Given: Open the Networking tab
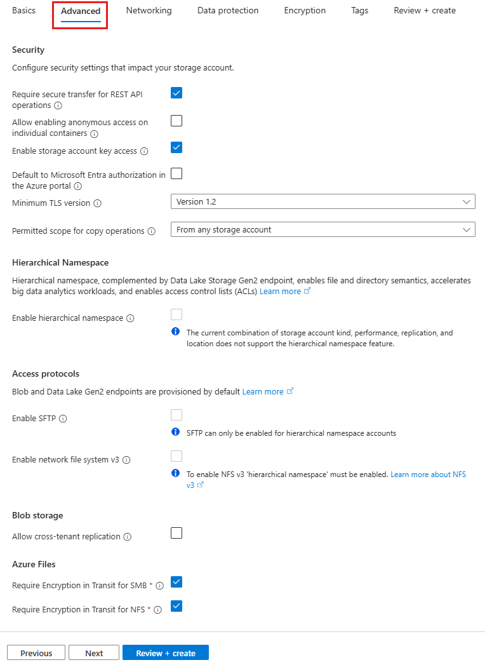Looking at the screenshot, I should (x=149, y=11).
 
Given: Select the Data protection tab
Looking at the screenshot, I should (x=228, y=11).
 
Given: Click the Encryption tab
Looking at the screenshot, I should (x=305, y=11).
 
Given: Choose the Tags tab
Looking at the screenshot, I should (x=359, y=11).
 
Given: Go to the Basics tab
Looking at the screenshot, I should (x=23, y=11).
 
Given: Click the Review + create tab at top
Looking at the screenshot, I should (x=424, y=11).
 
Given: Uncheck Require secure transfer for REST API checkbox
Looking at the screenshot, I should (x=176, y=93).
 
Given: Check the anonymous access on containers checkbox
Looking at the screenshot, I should (x=176, y=121).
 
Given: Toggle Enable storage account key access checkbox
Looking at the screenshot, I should (x=176, y=147).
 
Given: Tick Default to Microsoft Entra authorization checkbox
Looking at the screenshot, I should (x=176, y=173).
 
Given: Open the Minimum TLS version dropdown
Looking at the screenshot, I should (x=322, y=202).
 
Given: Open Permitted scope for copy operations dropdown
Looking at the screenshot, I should (x=322, y=230).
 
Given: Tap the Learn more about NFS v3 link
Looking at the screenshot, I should (x=428, y=475).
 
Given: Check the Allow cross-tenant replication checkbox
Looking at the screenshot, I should (x=176, y=533).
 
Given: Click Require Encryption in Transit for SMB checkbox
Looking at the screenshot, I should (x=176, y=582).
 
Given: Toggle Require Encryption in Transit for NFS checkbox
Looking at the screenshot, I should (x=176, y=606).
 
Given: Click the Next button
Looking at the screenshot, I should (x=94, y=653).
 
